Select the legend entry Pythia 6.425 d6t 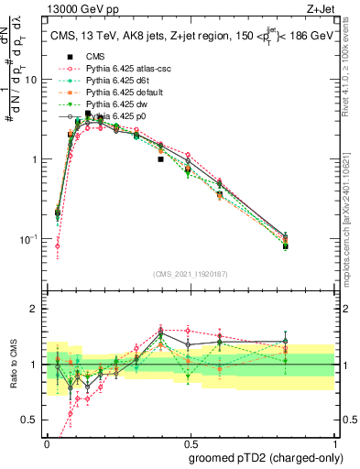pyautogui.click(x=114, y=81)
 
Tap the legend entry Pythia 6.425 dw pyautogui.click(x=113, y=104)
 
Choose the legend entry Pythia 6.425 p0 pyautogui.click(x=113, y=116)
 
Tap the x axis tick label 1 pyautogui.click(x=333, y=442)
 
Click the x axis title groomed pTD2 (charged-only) pyautogui.click(x=267, y=457)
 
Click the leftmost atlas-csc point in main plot pyautogui.click(x=58, y=245)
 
